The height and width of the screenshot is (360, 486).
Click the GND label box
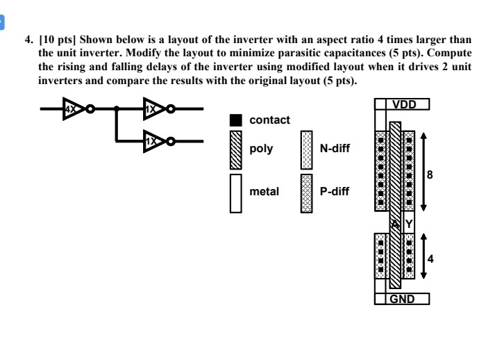coord(402,299)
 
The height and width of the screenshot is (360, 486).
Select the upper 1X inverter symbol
coord(152,108)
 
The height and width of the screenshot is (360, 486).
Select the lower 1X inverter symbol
coord(152,141)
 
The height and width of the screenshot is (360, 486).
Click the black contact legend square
coord(236,120)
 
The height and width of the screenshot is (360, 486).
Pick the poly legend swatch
coord(236,149)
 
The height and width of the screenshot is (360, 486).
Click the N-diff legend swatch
coord(306,149)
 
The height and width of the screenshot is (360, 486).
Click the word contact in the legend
coord(269,120)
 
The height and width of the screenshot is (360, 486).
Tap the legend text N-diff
coord(335,149)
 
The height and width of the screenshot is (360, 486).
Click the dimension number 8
coord(430,175)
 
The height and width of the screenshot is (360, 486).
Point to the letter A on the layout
coord(394,224)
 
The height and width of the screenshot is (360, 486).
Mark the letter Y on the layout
coord(409,224)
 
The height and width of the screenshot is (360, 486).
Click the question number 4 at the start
coord(29,39)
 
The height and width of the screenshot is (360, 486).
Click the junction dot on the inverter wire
coord(117,109)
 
